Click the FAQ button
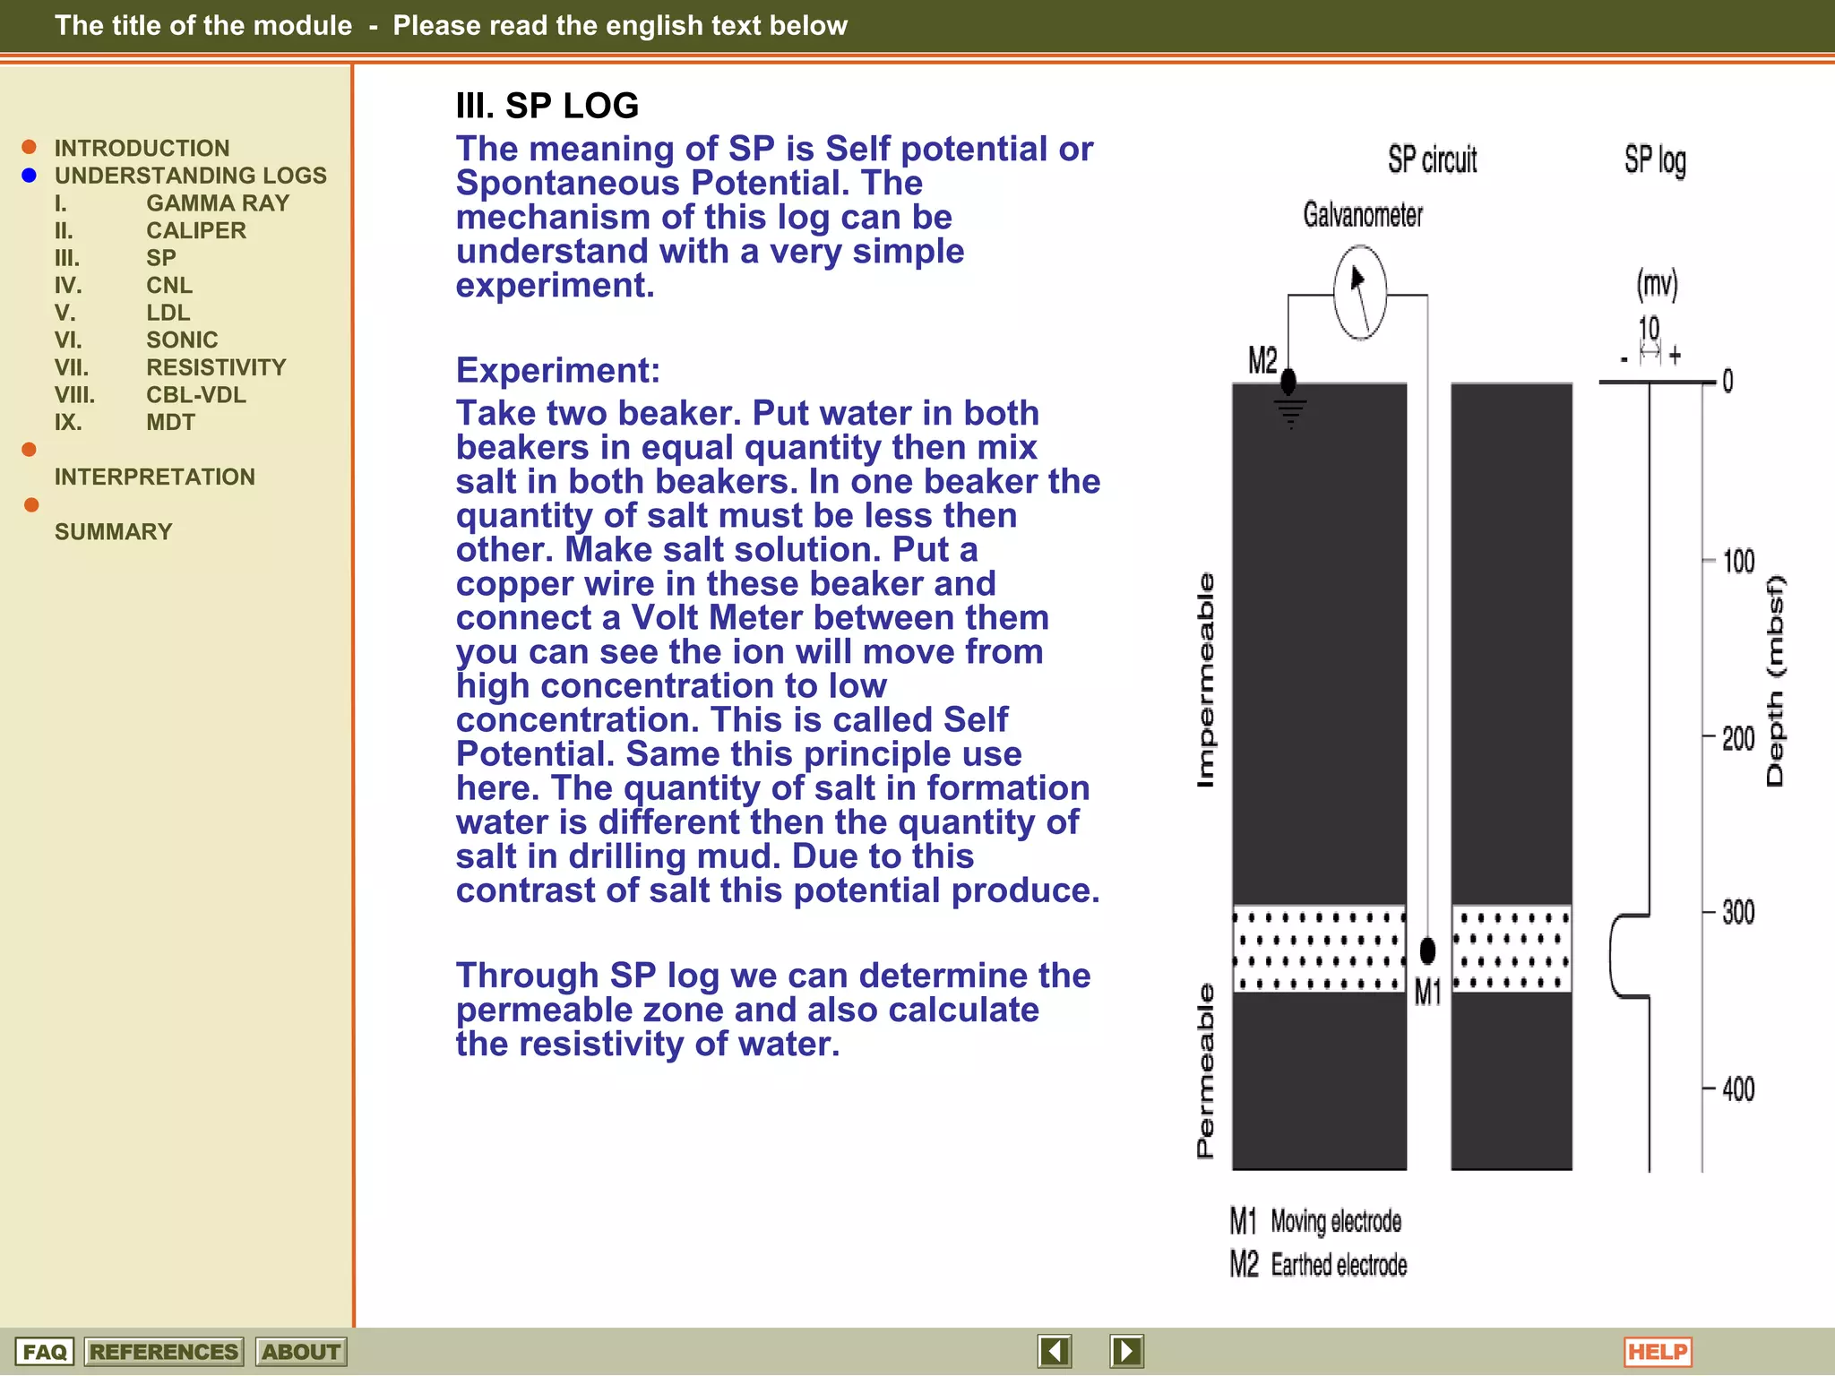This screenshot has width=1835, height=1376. [x=44, y=1351]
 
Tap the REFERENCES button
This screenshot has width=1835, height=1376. [x=163, y=1351]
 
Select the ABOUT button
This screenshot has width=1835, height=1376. [x=300, y=1351]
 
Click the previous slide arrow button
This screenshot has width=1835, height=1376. [x=1055, y=1350]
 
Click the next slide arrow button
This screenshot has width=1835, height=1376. [x=1126, y=1350]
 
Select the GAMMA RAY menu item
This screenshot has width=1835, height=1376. [x=218, y=203]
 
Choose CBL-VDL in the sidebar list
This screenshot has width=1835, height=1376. [x=195, y=395]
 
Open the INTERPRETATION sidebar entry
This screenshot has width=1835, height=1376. [x=154, y=477]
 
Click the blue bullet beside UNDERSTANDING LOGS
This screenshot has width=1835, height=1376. [x=29, y=176]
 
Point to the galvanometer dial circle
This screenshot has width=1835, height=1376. [x=1359, y=293]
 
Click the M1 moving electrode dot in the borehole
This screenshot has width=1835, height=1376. [x=1427, y=950]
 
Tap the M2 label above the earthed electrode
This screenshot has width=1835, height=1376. [x=1262, y=360]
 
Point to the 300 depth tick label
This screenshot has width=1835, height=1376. [x=1737, y=913]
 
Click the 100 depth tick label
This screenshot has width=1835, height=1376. [x=1738, y=562]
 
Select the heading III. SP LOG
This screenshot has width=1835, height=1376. [x=547, y=106]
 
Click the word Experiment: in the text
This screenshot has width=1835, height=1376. [x=557, y=370]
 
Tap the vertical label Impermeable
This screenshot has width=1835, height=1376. [x=1206, y=680]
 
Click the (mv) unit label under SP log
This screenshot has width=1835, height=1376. [x=1656, y=285]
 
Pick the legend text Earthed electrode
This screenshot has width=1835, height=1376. [x=1339, y=1265]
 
